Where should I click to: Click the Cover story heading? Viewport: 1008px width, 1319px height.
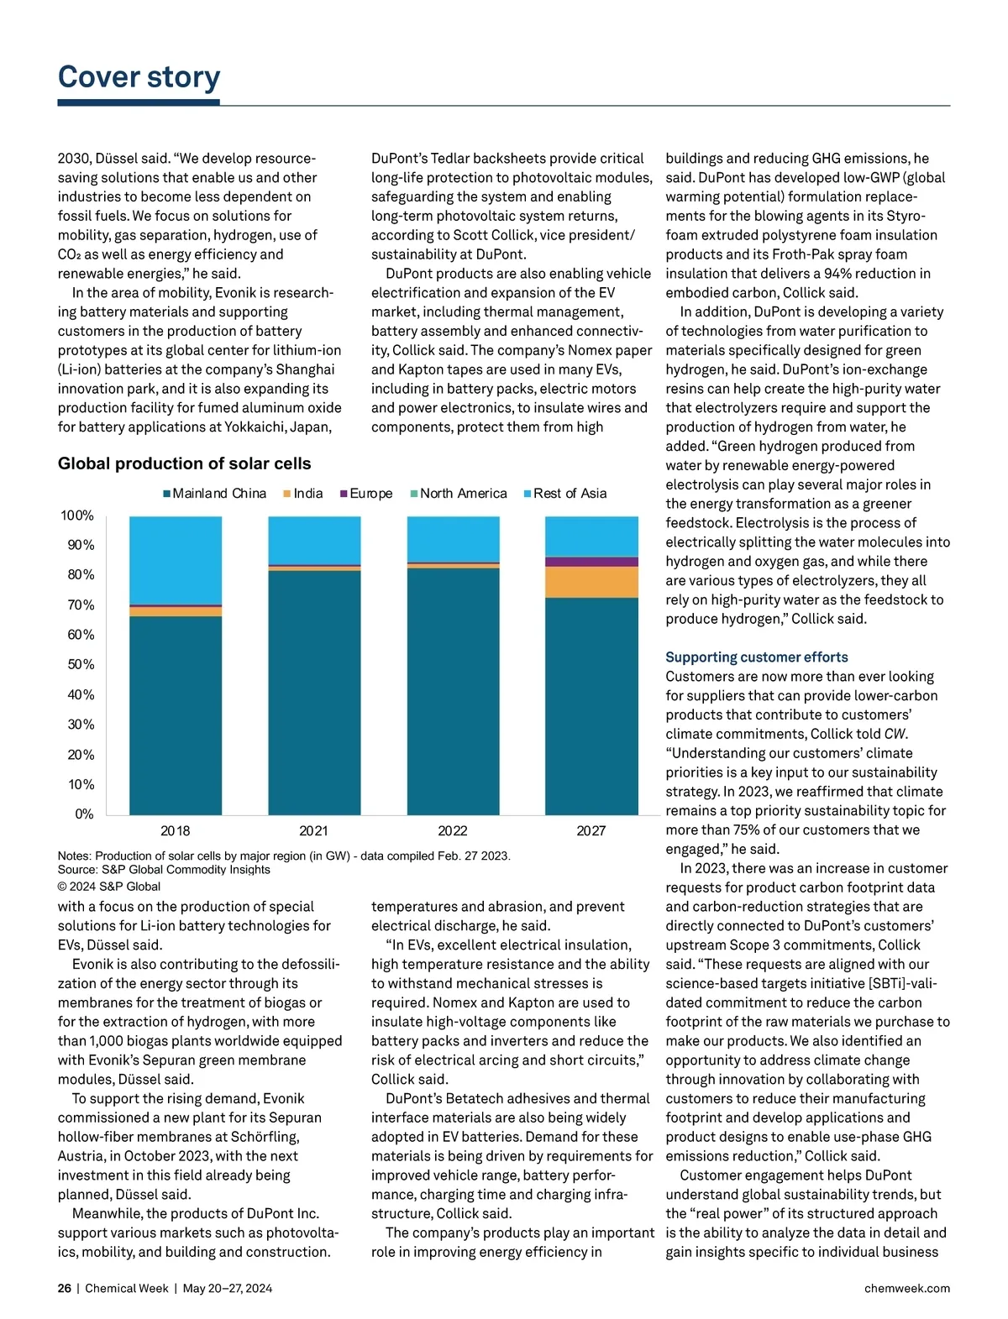click(x=139, y=77)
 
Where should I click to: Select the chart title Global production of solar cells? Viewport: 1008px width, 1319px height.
click(x=184, y=463)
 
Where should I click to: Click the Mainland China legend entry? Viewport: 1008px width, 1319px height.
click(x=215, y=494)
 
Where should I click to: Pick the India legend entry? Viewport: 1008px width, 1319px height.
click(x=303, y=494)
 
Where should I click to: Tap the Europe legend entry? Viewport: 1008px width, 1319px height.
click(x=366, y=494)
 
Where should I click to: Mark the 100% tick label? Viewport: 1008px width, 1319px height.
click(x=77, y=516)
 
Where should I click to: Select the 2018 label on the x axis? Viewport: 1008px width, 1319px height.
click(x=175, y=831)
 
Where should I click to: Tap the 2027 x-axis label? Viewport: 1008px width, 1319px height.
click(x=591, y=831)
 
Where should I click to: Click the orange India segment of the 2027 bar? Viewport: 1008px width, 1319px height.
click(x=591, y=582)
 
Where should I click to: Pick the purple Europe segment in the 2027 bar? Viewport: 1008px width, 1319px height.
click(x=591, y=562)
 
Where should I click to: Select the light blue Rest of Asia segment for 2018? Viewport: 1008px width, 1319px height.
click(x=176, y=560)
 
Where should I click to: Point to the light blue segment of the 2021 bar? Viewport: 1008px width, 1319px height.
click(x=314, y=540)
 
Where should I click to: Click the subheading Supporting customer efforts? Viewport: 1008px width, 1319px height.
click(x=756, y=657)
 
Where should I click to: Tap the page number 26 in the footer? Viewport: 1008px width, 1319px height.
click(x=65, y=1288)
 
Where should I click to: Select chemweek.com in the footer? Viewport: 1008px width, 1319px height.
click(x=906, y=1288)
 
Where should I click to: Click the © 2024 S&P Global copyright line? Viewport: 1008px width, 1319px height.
click(x=108, y=886)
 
